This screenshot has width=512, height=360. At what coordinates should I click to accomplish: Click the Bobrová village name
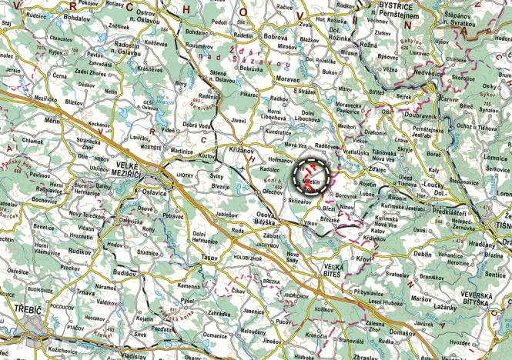275,37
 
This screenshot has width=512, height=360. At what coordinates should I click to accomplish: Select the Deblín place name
423,252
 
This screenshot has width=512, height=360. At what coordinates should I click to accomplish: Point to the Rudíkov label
79,250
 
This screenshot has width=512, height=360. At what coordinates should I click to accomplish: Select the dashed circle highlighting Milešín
313,179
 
